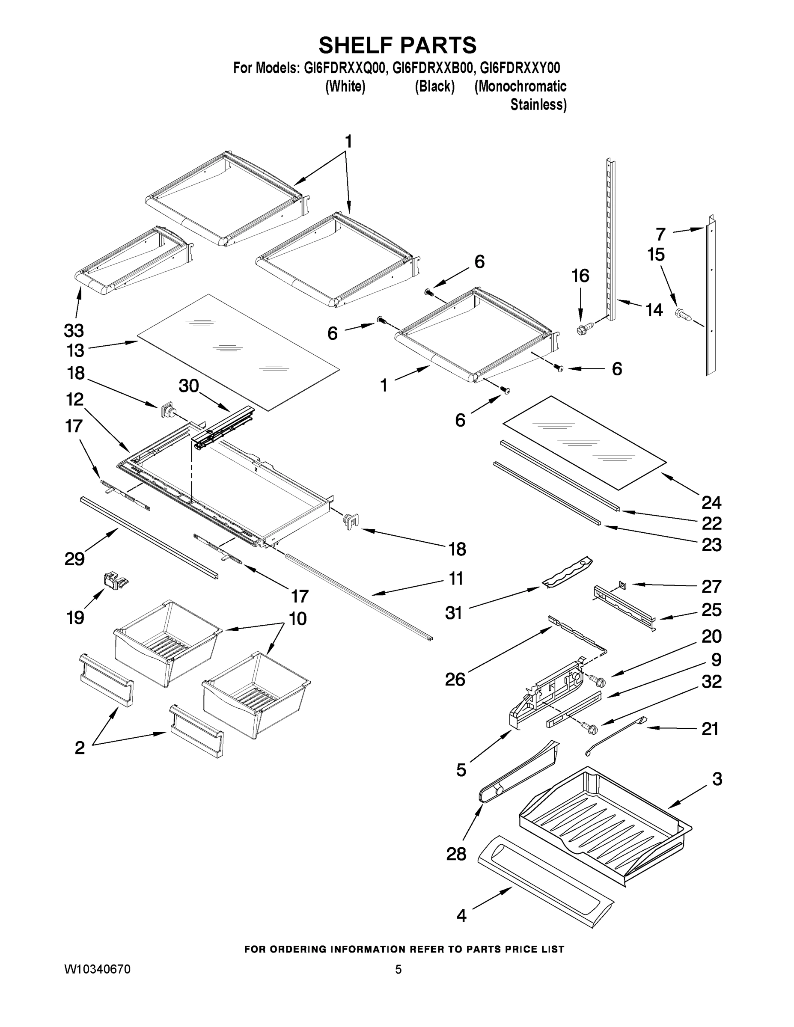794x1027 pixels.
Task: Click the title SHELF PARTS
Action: point(398,46)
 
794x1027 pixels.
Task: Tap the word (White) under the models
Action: point(345,86)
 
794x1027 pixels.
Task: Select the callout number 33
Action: point(74,331)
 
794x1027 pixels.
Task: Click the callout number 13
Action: point(75,350)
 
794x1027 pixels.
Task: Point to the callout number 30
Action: point(189,386)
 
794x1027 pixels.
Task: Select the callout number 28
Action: point(456,854)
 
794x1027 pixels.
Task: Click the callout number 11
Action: point(456,579)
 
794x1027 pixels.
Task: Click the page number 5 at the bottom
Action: point(398,969)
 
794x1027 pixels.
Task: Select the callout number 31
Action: point(453,613)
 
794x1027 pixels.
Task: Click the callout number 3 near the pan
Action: point(717,779)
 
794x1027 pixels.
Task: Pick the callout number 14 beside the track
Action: point(654,310)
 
